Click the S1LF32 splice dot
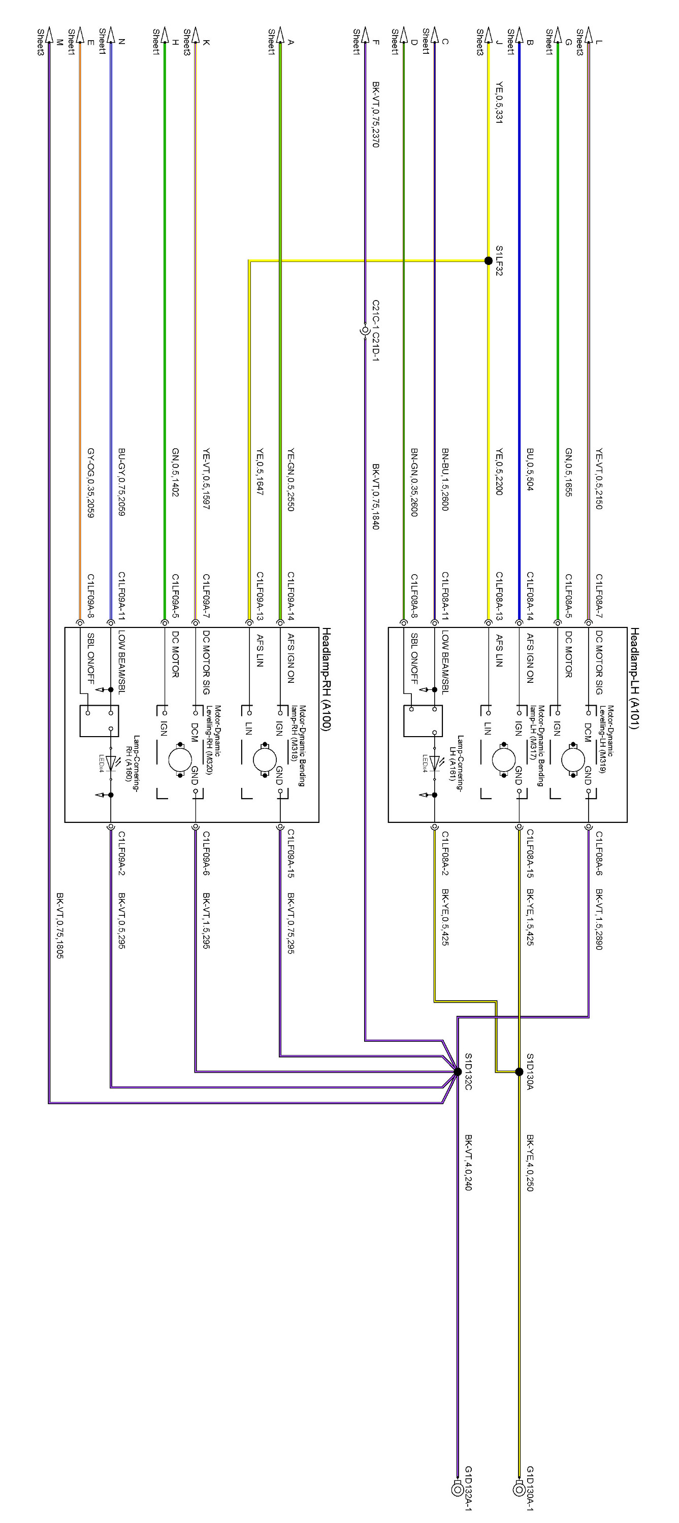coord(488,260)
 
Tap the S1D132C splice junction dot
coord(457,1071)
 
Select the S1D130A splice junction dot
coord(519,1071)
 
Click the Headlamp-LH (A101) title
coord(634,679)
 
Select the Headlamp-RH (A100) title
coord(326,679)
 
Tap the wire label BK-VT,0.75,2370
coord(376,114)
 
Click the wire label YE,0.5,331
coord(499,102)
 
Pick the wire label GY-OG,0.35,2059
coord(90,482)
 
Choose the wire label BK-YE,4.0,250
coord(530,1163)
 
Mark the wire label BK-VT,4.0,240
coord(468,1163)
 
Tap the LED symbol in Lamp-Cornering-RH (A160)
coord(111,763)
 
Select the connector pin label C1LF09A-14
coord(291,596)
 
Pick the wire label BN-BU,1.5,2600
coord(445,479)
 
